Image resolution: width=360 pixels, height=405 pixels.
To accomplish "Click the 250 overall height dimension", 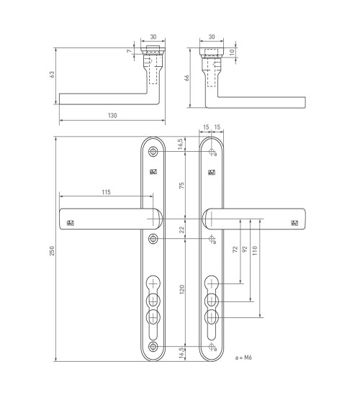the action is (x=52, y=251).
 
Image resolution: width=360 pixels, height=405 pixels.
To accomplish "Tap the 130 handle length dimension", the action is (x=112, y=115).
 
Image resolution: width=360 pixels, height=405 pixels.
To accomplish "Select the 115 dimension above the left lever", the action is (x=106, y=192).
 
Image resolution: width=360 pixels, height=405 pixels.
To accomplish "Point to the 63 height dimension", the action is (x=53, y=74).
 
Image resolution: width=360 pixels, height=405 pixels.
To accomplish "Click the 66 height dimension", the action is (x=186, y=78).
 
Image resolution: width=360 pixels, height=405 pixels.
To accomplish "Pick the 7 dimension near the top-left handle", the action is (x=130, y=51).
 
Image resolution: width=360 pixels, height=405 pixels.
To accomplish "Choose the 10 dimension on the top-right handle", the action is (x=232, y=52).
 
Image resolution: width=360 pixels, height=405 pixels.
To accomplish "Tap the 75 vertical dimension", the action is (x=181, y=185).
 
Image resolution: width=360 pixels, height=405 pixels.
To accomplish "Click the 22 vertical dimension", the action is (x=181, y=229).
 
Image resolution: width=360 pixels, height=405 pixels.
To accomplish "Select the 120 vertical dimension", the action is (x=181, y=289).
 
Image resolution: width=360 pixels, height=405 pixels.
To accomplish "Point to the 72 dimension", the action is (x=235, y=249).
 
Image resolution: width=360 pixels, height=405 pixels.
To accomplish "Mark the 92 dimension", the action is (x=245, y=249).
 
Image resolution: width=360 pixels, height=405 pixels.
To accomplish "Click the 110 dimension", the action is (x=255, y=250).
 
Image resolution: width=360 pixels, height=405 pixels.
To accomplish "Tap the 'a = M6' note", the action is (x=243, y=358).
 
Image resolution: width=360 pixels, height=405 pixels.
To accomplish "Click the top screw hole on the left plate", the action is (x=153, y=151).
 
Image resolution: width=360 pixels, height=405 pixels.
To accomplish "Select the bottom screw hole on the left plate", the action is (x=153, y=346).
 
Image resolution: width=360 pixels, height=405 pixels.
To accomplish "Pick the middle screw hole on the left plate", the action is (x=153, y=238).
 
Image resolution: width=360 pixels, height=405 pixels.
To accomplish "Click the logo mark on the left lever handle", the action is (x=71, y=223).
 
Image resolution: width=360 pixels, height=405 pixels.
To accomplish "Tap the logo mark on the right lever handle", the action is (x=294, y=223).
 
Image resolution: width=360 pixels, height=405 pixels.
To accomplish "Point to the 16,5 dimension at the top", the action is (x=181, y=144).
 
